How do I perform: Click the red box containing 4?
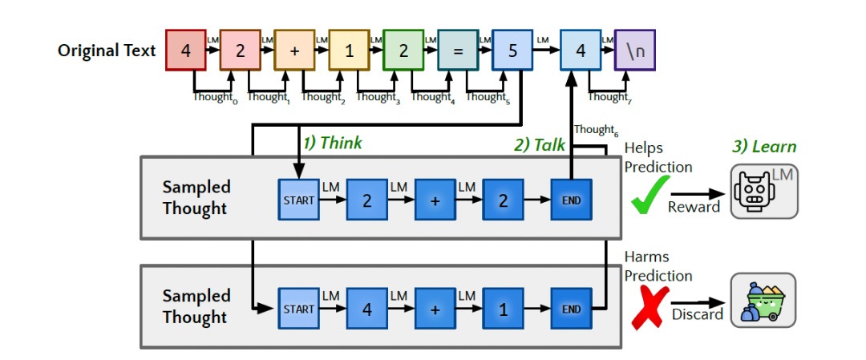coord(186,51)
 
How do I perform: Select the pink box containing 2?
coord(240,51)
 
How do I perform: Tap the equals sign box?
coord(457,51)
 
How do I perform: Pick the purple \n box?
coord(634,51)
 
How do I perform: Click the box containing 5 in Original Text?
coord(512,51)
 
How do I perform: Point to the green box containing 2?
coord(403,51)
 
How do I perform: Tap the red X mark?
coord(649,309)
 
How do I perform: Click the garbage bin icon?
coord(763,301)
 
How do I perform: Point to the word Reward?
coord(694,207)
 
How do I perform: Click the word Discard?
coord(698,313)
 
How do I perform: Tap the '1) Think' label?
coord(332,144)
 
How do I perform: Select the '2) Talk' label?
coord(540,144)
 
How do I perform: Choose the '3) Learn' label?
coord(763,146)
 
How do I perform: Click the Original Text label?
coord(107,51)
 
